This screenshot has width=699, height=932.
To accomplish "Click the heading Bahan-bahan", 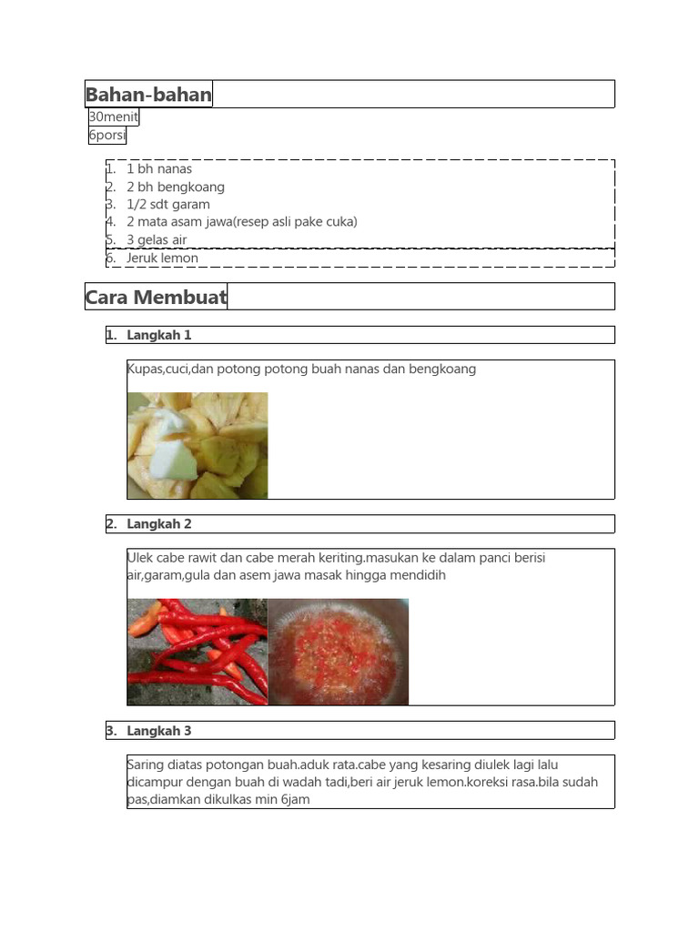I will pos(148,94).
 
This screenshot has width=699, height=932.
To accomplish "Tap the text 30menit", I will pos(114,116).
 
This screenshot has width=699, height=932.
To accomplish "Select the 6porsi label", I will pos(107,136).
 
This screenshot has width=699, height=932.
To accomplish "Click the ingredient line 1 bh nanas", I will pos(159,168).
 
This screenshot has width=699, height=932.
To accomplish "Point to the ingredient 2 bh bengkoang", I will pos(176,187).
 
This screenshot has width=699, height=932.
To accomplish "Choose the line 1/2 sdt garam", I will pos(168,204).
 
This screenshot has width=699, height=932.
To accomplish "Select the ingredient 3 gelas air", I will pos(157,239).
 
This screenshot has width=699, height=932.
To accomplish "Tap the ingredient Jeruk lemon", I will pos(162,258).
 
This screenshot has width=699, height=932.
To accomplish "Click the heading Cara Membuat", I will pos(156,297).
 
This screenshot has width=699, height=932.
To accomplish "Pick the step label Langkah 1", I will pos(159,335).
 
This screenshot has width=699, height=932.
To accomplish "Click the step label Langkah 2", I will pos(159,523).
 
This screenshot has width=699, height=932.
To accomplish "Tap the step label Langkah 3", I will pos(159,730).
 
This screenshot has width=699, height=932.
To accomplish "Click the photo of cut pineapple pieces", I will pos(198,446).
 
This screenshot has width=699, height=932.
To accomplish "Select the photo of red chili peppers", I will pos(198,652).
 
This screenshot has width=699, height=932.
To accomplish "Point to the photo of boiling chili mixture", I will pos(339,652).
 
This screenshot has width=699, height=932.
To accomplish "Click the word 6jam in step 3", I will pos(295,799).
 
